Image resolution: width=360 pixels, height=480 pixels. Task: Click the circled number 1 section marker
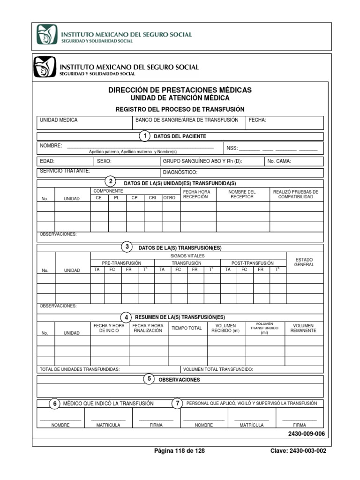coord(145,136)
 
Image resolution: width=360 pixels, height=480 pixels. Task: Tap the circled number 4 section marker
coord(126,317)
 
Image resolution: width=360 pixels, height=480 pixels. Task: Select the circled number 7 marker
coord(177,404)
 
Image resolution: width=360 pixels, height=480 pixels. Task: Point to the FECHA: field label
coord(257,120)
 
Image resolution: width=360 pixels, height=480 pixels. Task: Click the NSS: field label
coord(232,148)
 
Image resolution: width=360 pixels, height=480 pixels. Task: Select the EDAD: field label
coord(47,161)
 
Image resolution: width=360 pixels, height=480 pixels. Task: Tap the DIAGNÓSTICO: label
coord(180,172)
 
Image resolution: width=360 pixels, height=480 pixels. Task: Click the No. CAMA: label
coord(279,161)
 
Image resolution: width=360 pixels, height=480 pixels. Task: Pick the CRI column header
coord(152,198)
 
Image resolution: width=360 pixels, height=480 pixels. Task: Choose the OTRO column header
coord(169,198)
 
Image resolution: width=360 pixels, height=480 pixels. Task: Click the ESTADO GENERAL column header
coord(304,262)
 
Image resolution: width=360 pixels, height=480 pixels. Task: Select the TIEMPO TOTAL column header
coord(187,328)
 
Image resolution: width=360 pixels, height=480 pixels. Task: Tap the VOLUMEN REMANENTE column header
coord(303,328)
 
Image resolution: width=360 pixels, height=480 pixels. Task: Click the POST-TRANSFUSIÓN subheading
coord(253,263)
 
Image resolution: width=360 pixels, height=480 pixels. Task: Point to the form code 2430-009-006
coord(306,434)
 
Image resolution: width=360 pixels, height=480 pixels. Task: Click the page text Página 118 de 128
coord(180,451)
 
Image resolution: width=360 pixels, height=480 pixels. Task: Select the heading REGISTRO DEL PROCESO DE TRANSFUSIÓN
coord(180,109)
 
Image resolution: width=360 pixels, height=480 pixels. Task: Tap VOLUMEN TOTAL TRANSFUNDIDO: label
coord(218,369)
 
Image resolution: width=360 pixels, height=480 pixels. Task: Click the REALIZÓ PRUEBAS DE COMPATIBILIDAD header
coord(295,194)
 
